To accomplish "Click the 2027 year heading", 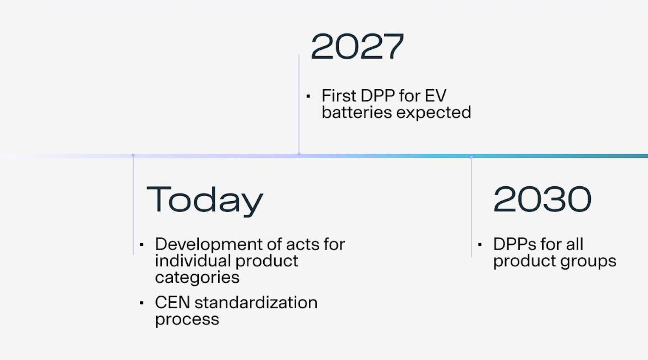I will [x=357, y=47].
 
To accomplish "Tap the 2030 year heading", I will [x=542, y=199].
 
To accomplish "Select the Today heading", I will [x=205, y=200].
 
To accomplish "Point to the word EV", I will [x=435, y=96].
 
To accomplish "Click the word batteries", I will [x=357, y=112].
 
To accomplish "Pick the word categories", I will [x=197, y=278].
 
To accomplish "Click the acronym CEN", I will [x=172, y=303].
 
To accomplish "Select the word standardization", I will [x=256, y=303].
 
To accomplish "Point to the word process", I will [x=187, y=320].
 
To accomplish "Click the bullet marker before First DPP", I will [x=308, y=96].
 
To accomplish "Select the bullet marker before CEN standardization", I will [x=142, y=303].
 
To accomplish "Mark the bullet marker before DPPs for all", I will [x=480, y=245].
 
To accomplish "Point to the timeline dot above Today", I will [x=133, y=155].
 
